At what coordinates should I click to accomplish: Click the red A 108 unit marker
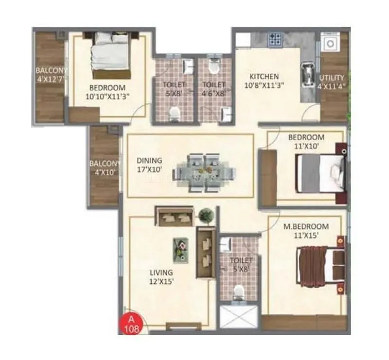(x=129, y=324)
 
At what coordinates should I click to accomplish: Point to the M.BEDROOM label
(x=305, y=231)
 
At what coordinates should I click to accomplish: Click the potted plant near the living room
(x=205, y=214)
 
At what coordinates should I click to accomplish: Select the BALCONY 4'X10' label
(x=104, y=168)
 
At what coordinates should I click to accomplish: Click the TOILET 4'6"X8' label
(x=214, y=89)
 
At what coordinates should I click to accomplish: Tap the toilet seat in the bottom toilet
(x=238, y=293)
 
